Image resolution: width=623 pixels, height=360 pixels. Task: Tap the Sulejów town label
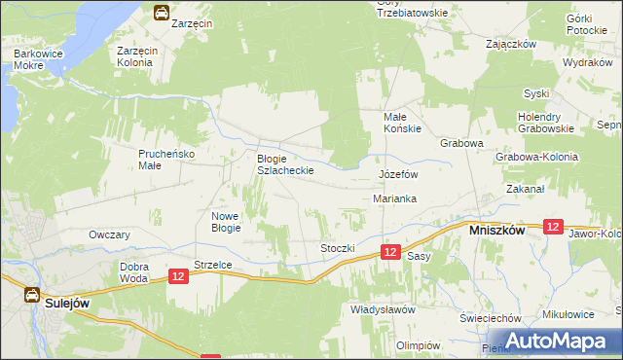coord(67,303)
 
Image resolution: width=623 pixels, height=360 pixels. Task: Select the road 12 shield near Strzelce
coord(177,277)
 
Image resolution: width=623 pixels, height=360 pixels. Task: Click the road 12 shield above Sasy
coord(389,252)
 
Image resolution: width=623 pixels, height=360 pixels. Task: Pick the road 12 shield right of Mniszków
coord(553,227)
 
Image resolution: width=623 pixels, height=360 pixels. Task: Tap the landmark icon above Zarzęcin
coord(161,13)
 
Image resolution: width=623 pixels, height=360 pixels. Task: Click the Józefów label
coord(397,174)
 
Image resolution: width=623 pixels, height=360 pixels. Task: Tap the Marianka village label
coord(395,198)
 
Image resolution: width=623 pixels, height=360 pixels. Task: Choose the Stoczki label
coord(337,248)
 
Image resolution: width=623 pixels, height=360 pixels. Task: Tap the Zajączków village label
coord(512,44)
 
